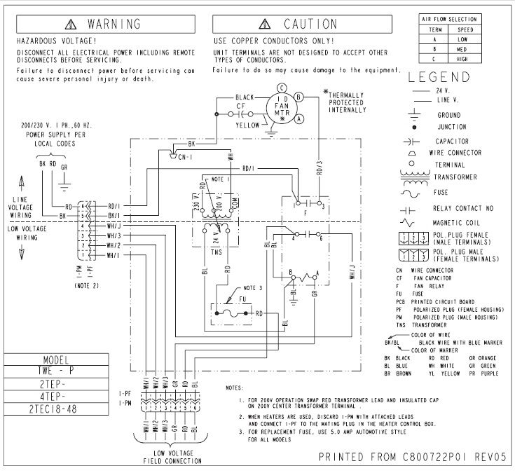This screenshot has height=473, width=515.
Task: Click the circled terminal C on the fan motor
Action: coord(281,88)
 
